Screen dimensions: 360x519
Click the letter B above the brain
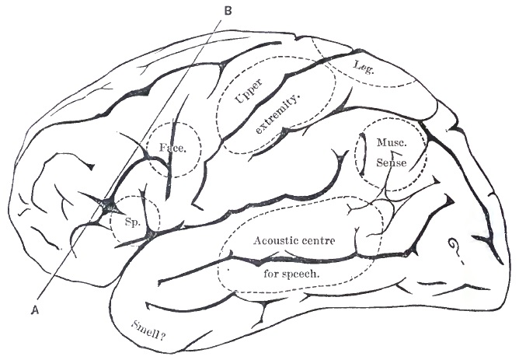[228, 10]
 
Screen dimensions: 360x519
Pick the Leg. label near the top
[364, 67]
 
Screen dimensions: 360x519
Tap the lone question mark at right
[451, 248]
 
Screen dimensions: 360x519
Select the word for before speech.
[262, 274]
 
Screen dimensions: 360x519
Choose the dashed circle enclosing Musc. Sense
[356, 156]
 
